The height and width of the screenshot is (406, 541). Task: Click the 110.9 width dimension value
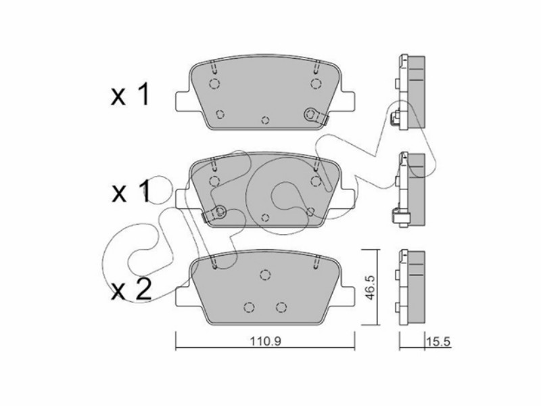(x=265, y=342)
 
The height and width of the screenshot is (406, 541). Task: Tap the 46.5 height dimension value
(x=369, y=288)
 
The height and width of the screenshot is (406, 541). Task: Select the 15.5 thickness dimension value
(x=438, y=342)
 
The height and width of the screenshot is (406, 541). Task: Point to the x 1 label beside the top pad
(x=130, y=94)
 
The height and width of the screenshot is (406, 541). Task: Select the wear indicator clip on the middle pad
(x=214, y=213)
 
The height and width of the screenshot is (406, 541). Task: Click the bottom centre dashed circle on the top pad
(x=265, y=120)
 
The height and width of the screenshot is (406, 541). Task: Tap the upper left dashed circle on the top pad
(x=214, y=83)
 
